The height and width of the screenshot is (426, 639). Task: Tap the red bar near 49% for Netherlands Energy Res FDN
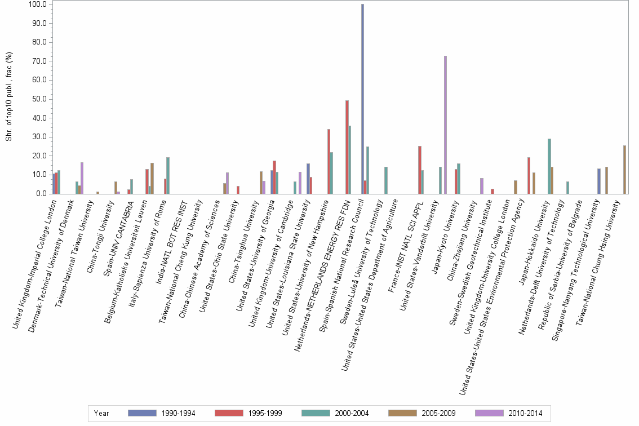tap(347, 147)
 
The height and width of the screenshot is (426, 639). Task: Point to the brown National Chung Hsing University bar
tap(625, 170)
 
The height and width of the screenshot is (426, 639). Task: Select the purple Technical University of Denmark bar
tap(82, 178)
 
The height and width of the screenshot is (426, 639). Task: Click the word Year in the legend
tap(101, 413)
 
